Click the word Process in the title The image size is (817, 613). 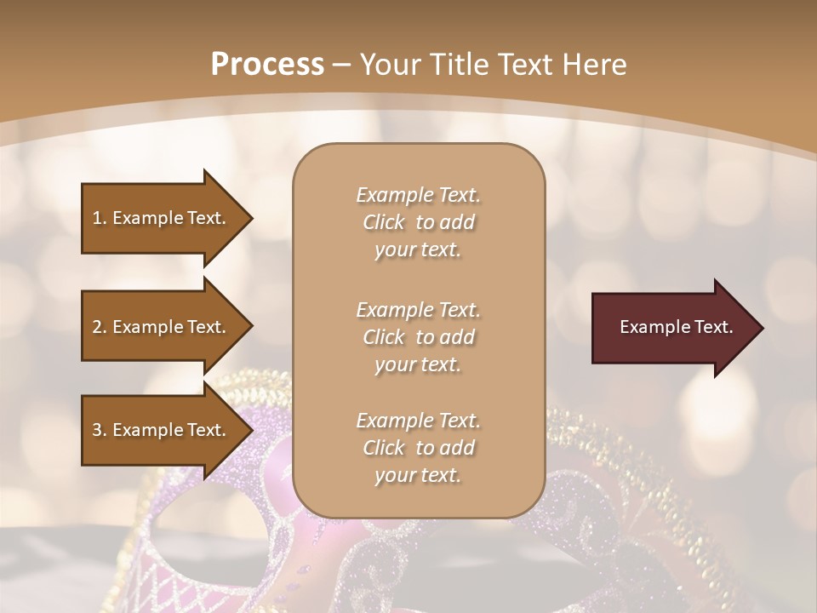tap(267, 65)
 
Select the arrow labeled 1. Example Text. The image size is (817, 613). tap(162, 218)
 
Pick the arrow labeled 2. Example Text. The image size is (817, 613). tap(162, 327)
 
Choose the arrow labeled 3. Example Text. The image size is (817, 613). tap(162, 430)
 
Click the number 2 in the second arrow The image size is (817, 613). tap(97, 327)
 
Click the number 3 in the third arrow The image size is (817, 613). tap(97, 430)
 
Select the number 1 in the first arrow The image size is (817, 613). tap(97, 218)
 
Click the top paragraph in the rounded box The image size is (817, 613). tap(418, 222)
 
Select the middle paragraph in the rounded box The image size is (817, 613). tap(418, 336)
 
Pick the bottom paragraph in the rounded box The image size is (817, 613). tap(418, 448)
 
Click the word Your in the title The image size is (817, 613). tap(388, 65)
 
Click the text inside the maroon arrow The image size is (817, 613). tap(676, 327)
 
